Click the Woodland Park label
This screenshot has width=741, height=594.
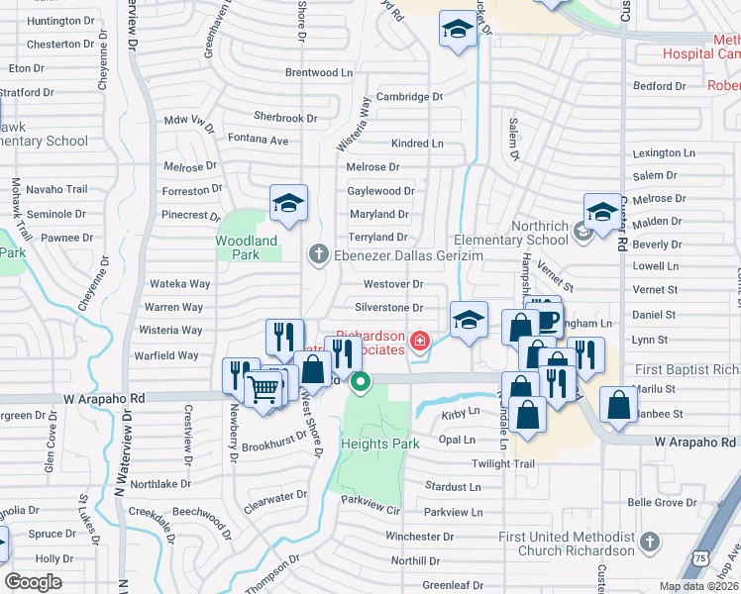247,247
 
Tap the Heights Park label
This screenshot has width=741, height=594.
380,444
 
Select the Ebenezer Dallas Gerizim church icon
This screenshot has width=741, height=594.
319,254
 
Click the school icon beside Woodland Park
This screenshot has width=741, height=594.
288,204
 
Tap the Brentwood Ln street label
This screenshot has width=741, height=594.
319,72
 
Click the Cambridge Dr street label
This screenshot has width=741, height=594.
409,97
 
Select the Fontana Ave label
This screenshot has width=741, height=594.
258,141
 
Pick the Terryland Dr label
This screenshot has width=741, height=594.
378,238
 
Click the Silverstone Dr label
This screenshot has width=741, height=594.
389,309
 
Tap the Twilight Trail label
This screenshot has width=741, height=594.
503,464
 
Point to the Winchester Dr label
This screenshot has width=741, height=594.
420,537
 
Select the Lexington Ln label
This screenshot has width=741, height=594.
664,153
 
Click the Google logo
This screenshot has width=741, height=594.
33,582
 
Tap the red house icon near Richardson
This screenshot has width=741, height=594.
421,342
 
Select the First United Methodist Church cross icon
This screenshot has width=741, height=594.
649,542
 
